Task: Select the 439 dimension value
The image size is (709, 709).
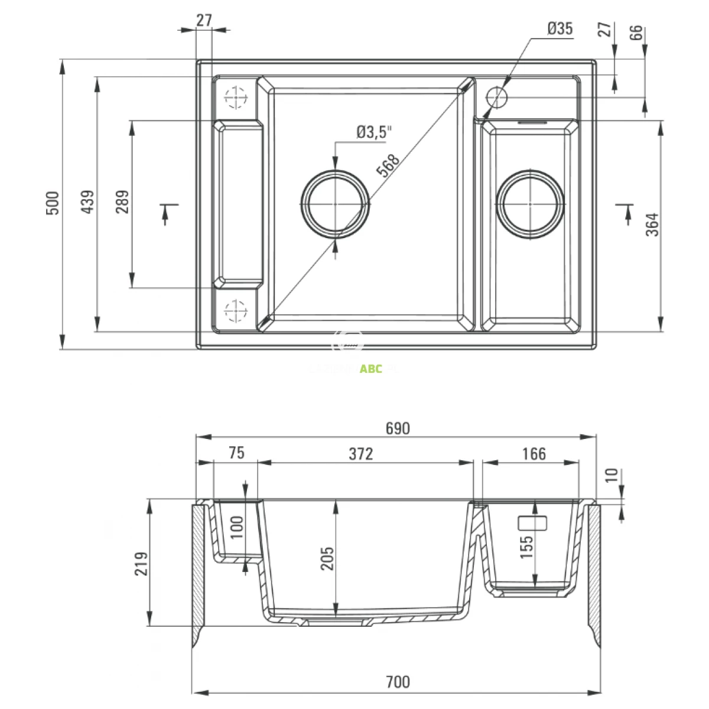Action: pyautogui.click(x=87, y=203)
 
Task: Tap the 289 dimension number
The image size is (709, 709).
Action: pyautogui.click(x=122, y=203)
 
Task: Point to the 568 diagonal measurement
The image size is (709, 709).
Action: pyautogui.click(x=389, y=165)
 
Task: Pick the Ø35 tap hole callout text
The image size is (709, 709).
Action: pyautogui.click(x=560, y=28)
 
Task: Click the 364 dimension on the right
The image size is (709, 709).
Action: pyautogui.click(x=652, y=225)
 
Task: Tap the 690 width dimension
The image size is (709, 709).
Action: pyautogui.click(x=398, y=428)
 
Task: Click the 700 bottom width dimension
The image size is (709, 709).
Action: pyautogui.click(x=398, y=682)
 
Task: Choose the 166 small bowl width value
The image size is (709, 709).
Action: pyautogui.click(x=534, y=454)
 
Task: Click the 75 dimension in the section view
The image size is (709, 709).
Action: pyautogui.click(x=235, y=454)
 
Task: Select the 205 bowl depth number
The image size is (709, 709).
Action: pyautogui.click(x=328, y=558)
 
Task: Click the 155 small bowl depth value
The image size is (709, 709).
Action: pyautogui.click(x=528, y=547)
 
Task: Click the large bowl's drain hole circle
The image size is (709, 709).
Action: pyautogui.click(x=336, y=203)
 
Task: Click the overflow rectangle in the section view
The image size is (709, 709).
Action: pyautogui.click(x=532, y=522)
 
